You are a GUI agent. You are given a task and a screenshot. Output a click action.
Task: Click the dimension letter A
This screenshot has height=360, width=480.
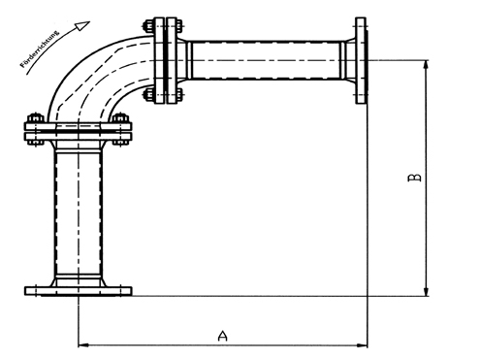click(222, 335)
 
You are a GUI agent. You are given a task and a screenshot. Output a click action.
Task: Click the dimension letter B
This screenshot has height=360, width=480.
click(414, 179)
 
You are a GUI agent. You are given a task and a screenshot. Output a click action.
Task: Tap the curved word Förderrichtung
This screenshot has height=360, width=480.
click(43, 46)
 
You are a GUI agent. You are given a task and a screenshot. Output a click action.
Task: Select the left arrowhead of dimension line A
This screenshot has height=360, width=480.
click(82, 344)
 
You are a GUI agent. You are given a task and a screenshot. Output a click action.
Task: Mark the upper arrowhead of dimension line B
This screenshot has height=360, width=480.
click(426, 64)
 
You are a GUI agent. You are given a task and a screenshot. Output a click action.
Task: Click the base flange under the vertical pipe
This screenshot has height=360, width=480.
click(78, 288)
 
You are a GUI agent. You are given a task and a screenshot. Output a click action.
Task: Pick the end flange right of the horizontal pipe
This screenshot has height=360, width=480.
click(361, 59)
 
